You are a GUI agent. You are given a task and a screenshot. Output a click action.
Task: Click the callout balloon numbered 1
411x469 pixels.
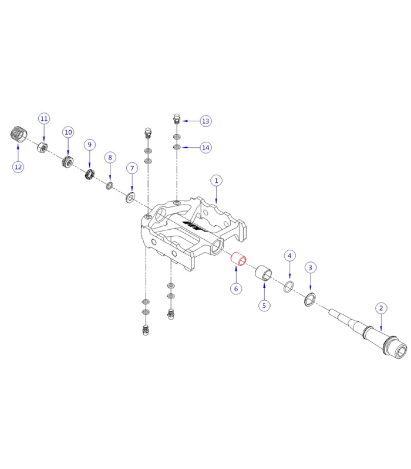[216, 181]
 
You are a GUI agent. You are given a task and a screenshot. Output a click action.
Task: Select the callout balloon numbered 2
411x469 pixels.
[380, 308]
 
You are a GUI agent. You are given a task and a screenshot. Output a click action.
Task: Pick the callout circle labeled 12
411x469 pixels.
[18, 166]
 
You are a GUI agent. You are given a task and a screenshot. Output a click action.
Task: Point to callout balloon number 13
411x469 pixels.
[205, 121]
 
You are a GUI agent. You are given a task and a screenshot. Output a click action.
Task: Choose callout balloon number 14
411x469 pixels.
[205, 147]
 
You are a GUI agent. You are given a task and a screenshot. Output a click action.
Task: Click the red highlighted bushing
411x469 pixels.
[238, 258]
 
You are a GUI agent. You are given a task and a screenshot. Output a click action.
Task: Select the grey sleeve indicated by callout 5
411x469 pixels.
[264, 273]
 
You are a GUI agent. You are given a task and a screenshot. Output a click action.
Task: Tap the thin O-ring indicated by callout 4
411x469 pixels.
[288, 287]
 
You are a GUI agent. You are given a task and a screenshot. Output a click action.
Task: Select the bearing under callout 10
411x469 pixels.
[69, 160]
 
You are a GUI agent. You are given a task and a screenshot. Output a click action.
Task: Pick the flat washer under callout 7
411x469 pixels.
[130, 195]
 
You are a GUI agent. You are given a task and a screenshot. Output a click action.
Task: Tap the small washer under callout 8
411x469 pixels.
[109, 186]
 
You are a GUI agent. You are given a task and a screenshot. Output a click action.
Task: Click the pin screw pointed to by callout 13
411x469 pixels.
[177, 119]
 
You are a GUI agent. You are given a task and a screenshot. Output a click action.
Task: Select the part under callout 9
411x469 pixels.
[90, 174]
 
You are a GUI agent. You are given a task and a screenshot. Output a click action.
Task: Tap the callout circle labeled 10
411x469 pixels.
[68, 132]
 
